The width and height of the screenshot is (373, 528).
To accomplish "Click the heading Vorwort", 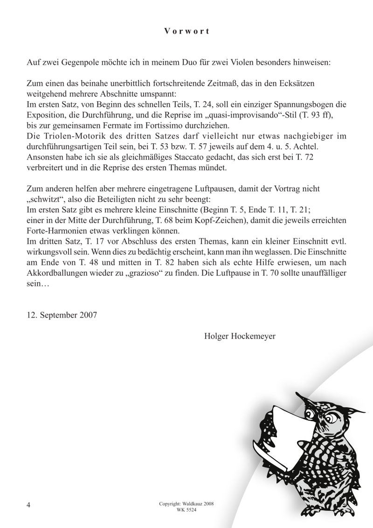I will (x=186, y=32).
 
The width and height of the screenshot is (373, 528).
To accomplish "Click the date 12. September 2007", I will (x=62, y=315).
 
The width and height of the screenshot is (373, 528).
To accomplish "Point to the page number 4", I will (x=29, y=505).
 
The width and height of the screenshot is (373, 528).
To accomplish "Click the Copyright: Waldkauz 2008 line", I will (x=186, y=504).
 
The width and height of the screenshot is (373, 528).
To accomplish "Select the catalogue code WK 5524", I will (x=186, y=510).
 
